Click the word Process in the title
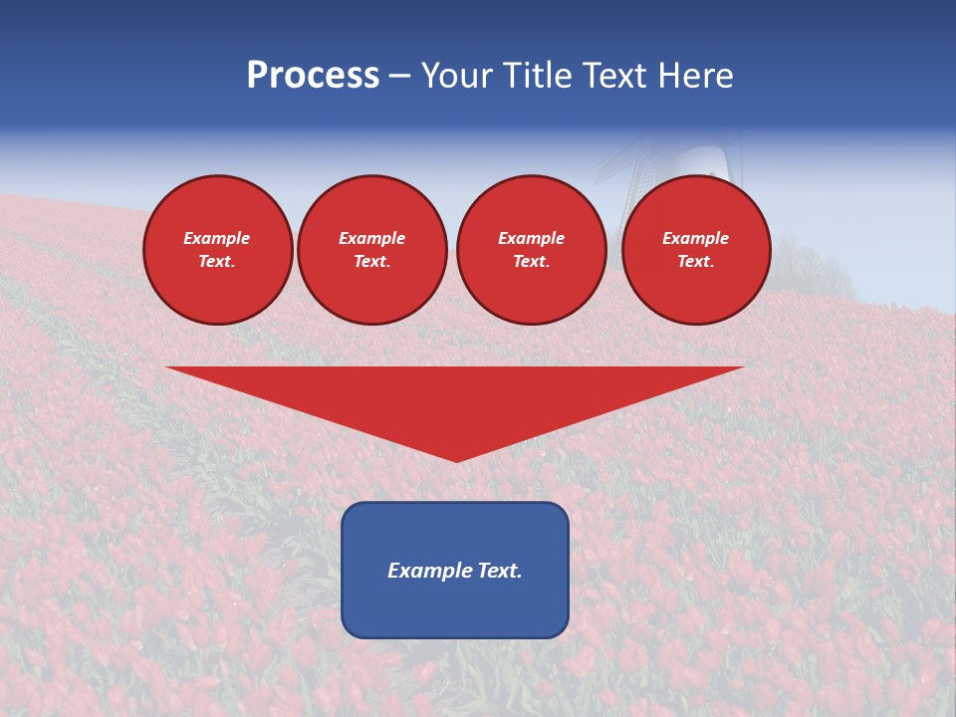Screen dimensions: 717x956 pos(313,76)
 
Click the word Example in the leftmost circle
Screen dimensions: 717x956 pos(217,238)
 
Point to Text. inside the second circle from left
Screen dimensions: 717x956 pos(371,262)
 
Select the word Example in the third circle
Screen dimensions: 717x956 pos(531,238)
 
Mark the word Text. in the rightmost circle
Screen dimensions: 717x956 pos(695,262)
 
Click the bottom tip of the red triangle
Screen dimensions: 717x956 pos(456,459)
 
